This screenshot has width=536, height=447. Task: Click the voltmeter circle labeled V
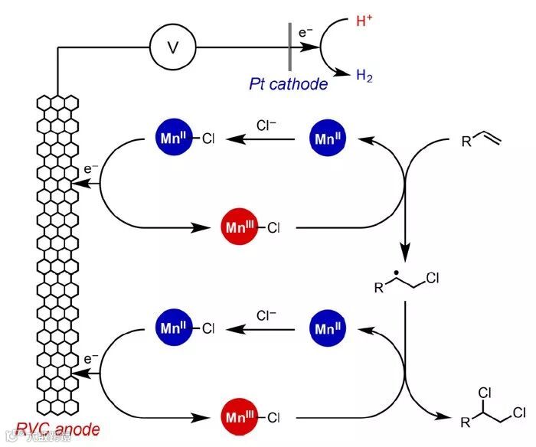(x=172, y=47)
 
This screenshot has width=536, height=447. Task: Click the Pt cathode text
(x=288, y=84)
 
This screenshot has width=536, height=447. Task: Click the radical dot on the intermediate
(x=398, y=273)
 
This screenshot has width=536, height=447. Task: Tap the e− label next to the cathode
(x=306, y=33)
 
